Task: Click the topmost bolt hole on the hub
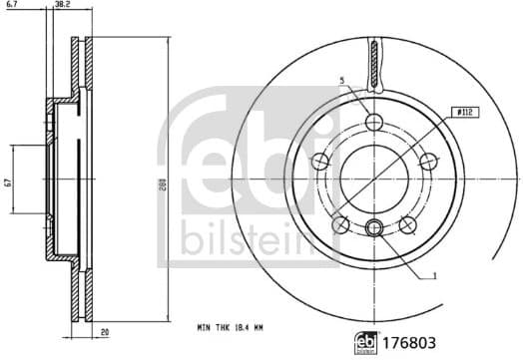tap(374, 123)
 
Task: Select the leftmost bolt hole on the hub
tap(320, 163)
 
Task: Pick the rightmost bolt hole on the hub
tap(428, 163)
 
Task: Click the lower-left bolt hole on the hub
tap(341, 223)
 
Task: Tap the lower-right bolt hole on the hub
tap(408, 223)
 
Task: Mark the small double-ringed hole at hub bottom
tap(374, 227)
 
